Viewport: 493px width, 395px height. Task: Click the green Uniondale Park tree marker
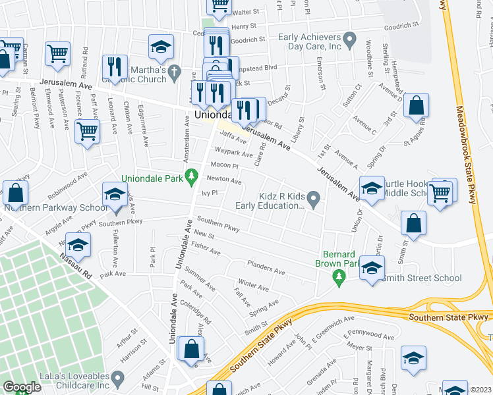[x=191, y=176]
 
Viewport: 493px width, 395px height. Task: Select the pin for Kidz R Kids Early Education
[x=314, y=197]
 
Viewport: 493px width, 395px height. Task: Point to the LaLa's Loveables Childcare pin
[x=118, y=379]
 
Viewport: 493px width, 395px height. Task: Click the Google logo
[x=22, y=387]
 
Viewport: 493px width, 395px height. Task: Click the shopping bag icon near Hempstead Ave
[x=416, y=106]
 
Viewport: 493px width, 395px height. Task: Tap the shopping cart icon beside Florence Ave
[x=87, y=132]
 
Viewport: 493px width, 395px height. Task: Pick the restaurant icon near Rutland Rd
[x=115, y=68]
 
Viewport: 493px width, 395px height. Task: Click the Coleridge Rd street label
[x=198, y=313]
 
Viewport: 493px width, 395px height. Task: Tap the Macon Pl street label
[x=223, y=165]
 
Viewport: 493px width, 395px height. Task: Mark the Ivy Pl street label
[x=210, y=192]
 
